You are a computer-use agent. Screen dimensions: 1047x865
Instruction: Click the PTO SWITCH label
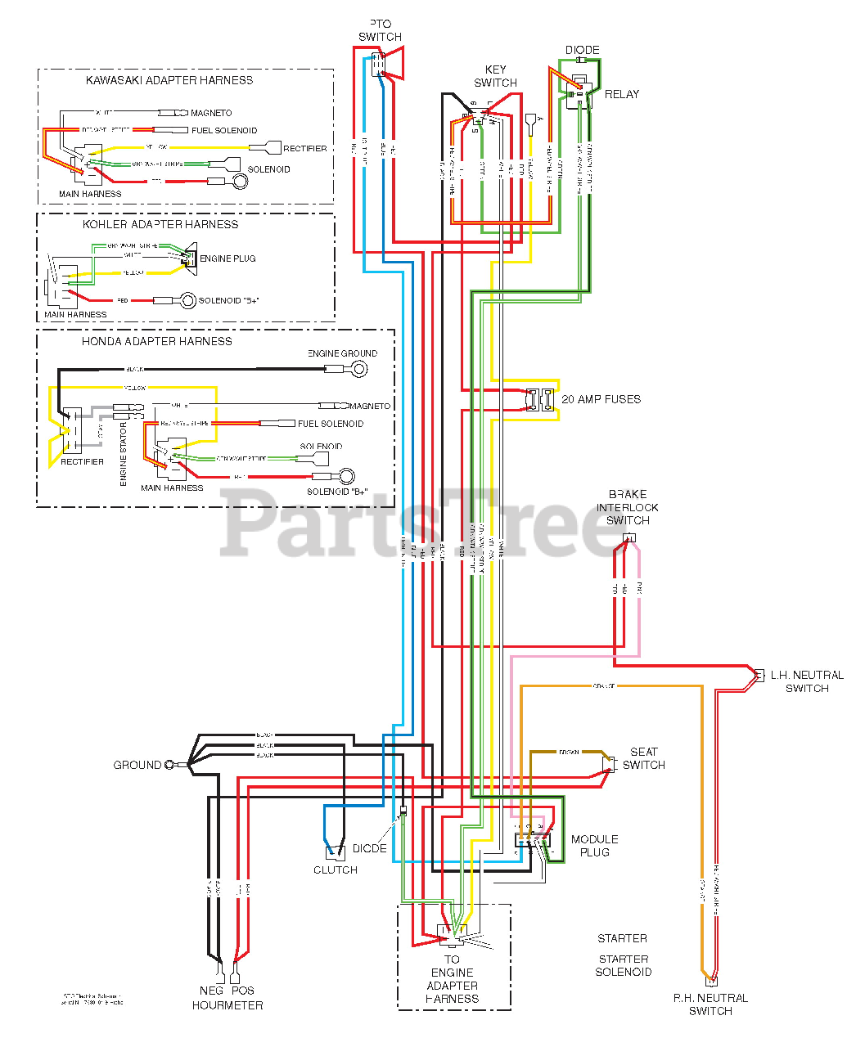coord(380,30)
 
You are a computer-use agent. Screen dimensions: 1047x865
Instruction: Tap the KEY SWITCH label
coord(495,76)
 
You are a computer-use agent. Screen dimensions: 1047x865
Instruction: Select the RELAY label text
coord(621,94)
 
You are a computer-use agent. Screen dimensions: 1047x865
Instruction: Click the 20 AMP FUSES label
coord(601,399)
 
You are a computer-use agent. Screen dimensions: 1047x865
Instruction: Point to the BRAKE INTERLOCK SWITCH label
coord(628,507)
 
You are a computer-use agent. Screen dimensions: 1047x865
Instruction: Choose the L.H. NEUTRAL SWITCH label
coord(807,681)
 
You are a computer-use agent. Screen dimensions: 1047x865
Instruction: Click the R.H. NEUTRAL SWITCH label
coord(710,1004)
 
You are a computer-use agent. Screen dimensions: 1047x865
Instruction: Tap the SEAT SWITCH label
coord(643,758)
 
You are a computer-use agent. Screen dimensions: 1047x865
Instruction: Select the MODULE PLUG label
coord(594,846)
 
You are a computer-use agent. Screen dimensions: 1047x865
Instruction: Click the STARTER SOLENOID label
coord(624,965)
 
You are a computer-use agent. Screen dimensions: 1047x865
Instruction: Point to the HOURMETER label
coord(228,1005)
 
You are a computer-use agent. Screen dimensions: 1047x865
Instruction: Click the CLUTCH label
coord(336,870)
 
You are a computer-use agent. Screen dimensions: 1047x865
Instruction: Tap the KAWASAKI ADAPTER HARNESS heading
coord(169,80)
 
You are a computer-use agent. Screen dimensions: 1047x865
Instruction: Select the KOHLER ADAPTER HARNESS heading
coord(160,224)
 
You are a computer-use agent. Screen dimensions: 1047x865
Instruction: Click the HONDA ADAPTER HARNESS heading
coord(156,341)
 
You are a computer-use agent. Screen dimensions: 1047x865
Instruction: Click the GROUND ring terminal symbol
coord(170,765)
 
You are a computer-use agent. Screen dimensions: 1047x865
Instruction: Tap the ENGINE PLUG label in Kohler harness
coord(228,258)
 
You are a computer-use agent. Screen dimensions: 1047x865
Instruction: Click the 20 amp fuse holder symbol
coord(540,400)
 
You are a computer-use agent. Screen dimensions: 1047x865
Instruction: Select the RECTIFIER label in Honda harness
coord(82,461)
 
